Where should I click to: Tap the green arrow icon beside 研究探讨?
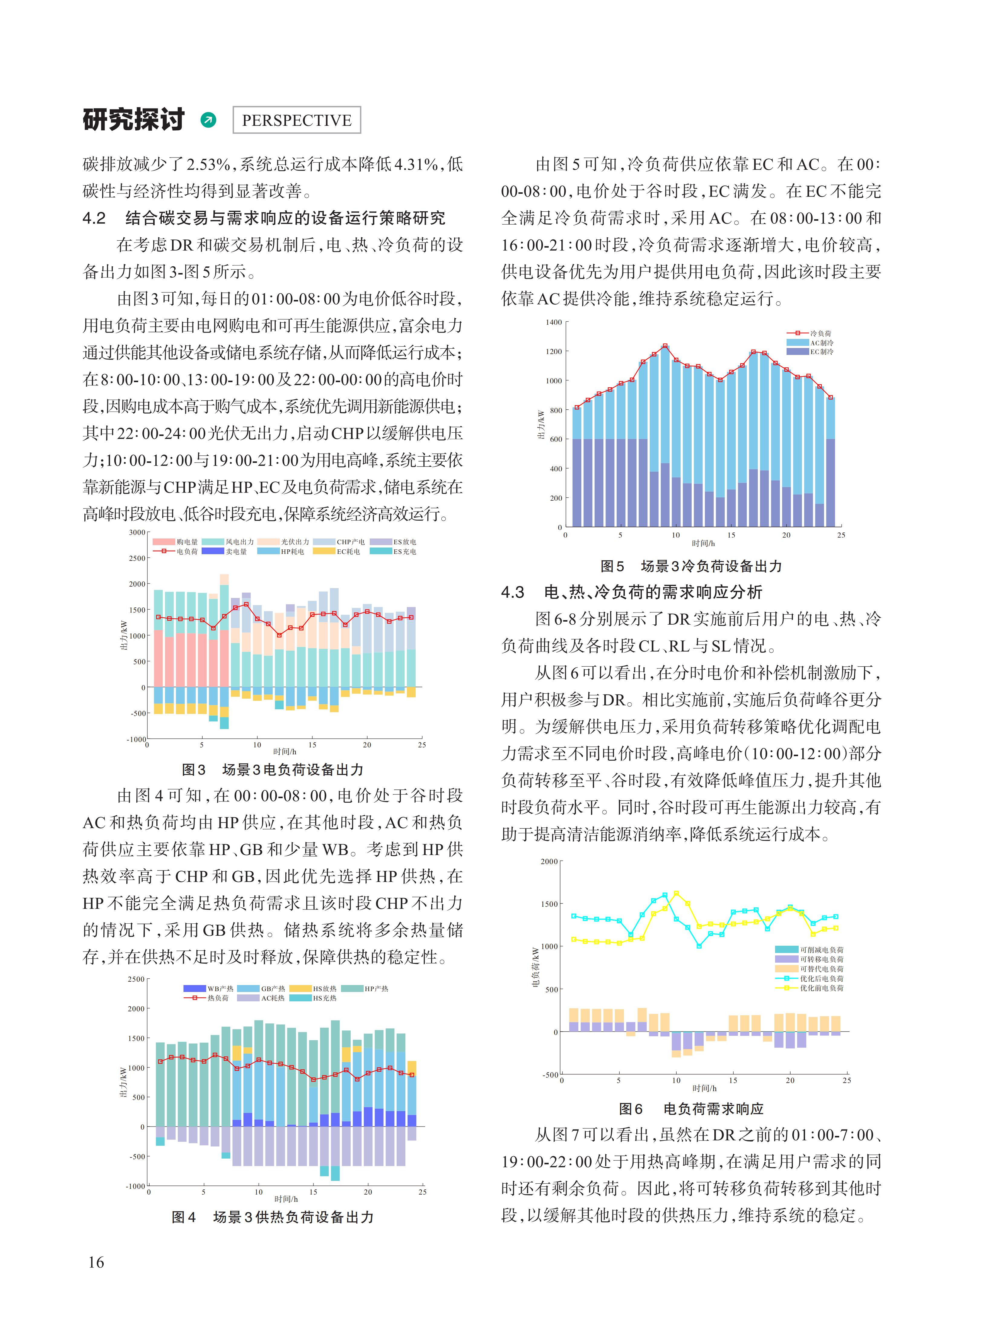(209, 120)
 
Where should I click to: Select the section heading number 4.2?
(94, 218)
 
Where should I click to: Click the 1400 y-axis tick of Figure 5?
(553, 323)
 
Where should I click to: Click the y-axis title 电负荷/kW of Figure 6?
(536, 967)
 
